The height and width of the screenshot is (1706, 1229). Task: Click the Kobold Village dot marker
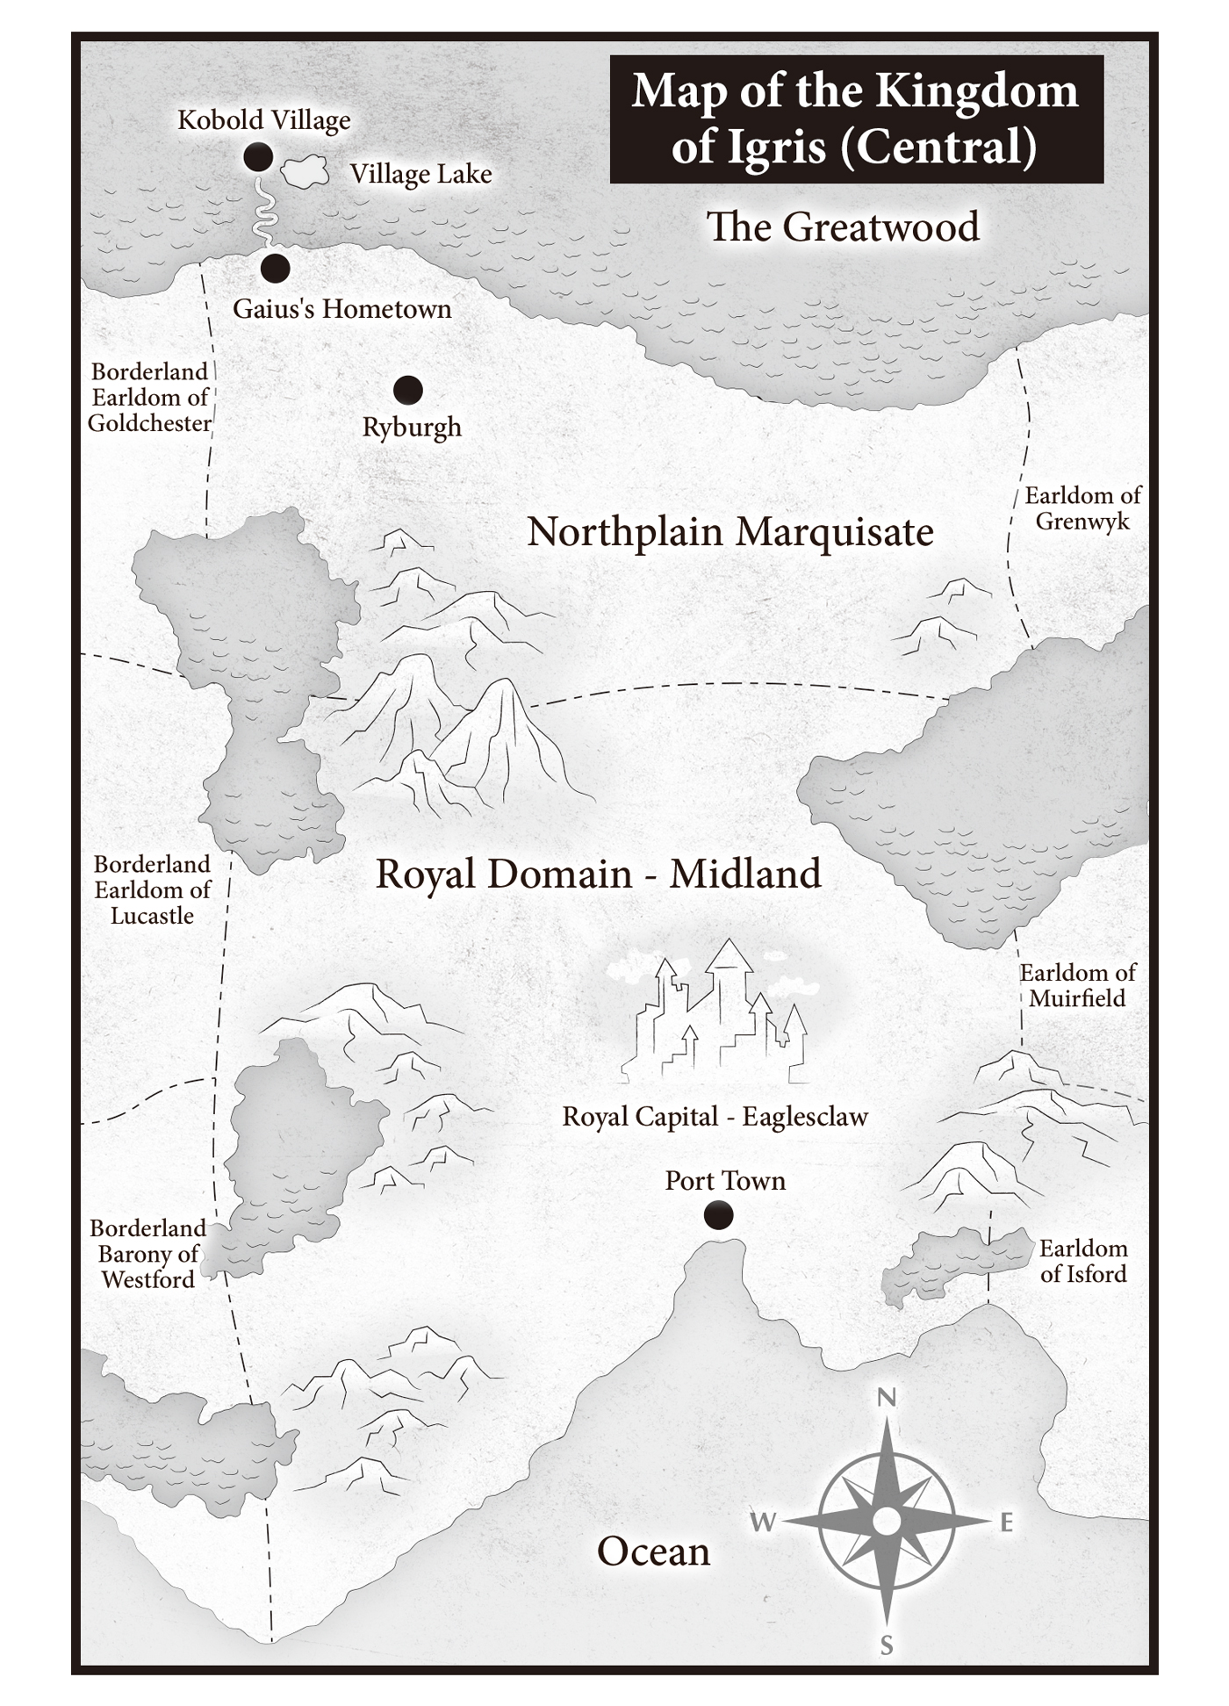[x=258, y=157]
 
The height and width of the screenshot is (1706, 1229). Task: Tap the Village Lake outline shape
[x=305, y=172]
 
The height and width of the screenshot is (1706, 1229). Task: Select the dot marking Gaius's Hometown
[x=275, y=268]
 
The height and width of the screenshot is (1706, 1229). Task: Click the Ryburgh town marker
[x=407, y=389]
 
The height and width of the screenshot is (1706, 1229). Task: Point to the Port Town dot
[x=718, y=1215]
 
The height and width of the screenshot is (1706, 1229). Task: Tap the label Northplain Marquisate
[x=729, y=532]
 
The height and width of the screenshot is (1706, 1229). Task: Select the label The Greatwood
[x=842, y=227]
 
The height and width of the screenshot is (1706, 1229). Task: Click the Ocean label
[x=653, y=1551]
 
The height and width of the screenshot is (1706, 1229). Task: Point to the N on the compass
[x=887, y=1397]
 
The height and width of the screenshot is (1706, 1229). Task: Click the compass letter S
[x=887, y=1646]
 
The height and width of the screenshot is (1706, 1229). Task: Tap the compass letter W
[x=762, y=1522]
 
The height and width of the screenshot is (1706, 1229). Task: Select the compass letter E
[x=1007, y=1522]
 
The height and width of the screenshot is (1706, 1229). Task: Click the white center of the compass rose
[x=887, y=1521]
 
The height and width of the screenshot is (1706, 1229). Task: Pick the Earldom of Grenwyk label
[x=1082, y=508]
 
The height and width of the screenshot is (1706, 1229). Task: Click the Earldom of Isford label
[x=1082, y=1261]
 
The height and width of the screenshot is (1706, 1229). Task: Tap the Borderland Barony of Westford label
[x=147, y=1254]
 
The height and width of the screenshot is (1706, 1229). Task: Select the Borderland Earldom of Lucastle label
[x=153, y=889]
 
